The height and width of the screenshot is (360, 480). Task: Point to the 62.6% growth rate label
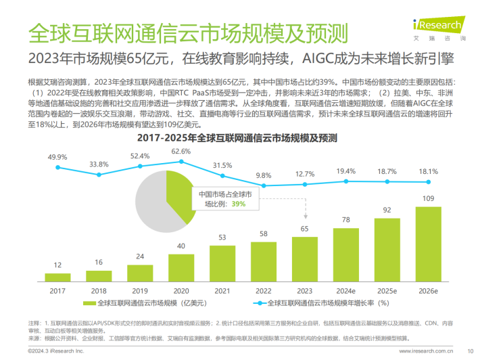181,152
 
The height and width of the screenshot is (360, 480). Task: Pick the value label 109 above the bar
428,199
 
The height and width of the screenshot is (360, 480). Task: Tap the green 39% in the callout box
237,203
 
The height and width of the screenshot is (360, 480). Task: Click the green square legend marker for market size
93,304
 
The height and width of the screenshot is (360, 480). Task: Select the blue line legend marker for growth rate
258,304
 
